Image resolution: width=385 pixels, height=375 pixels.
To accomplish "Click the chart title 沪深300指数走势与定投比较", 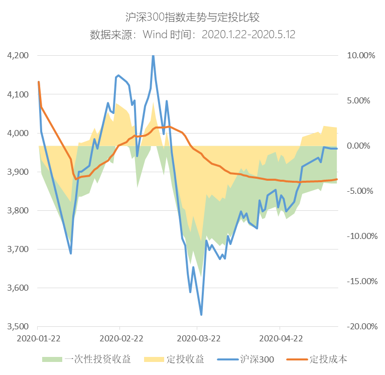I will tap(193, 18).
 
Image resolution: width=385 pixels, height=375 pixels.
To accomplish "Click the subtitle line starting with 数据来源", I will tap(193, 35).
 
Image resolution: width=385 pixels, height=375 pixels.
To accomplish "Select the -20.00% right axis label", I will tap(360, 327).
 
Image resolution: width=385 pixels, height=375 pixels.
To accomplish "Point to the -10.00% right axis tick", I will tap(360, 236).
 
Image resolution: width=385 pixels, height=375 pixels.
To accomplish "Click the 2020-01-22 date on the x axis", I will tap(39, 339).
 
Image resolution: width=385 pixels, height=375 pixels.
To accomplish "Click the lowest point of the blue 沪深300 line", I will tap(201, 314).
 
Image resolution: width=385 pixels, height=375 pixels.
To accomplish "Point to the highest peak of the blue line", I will tap(153, 56).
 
